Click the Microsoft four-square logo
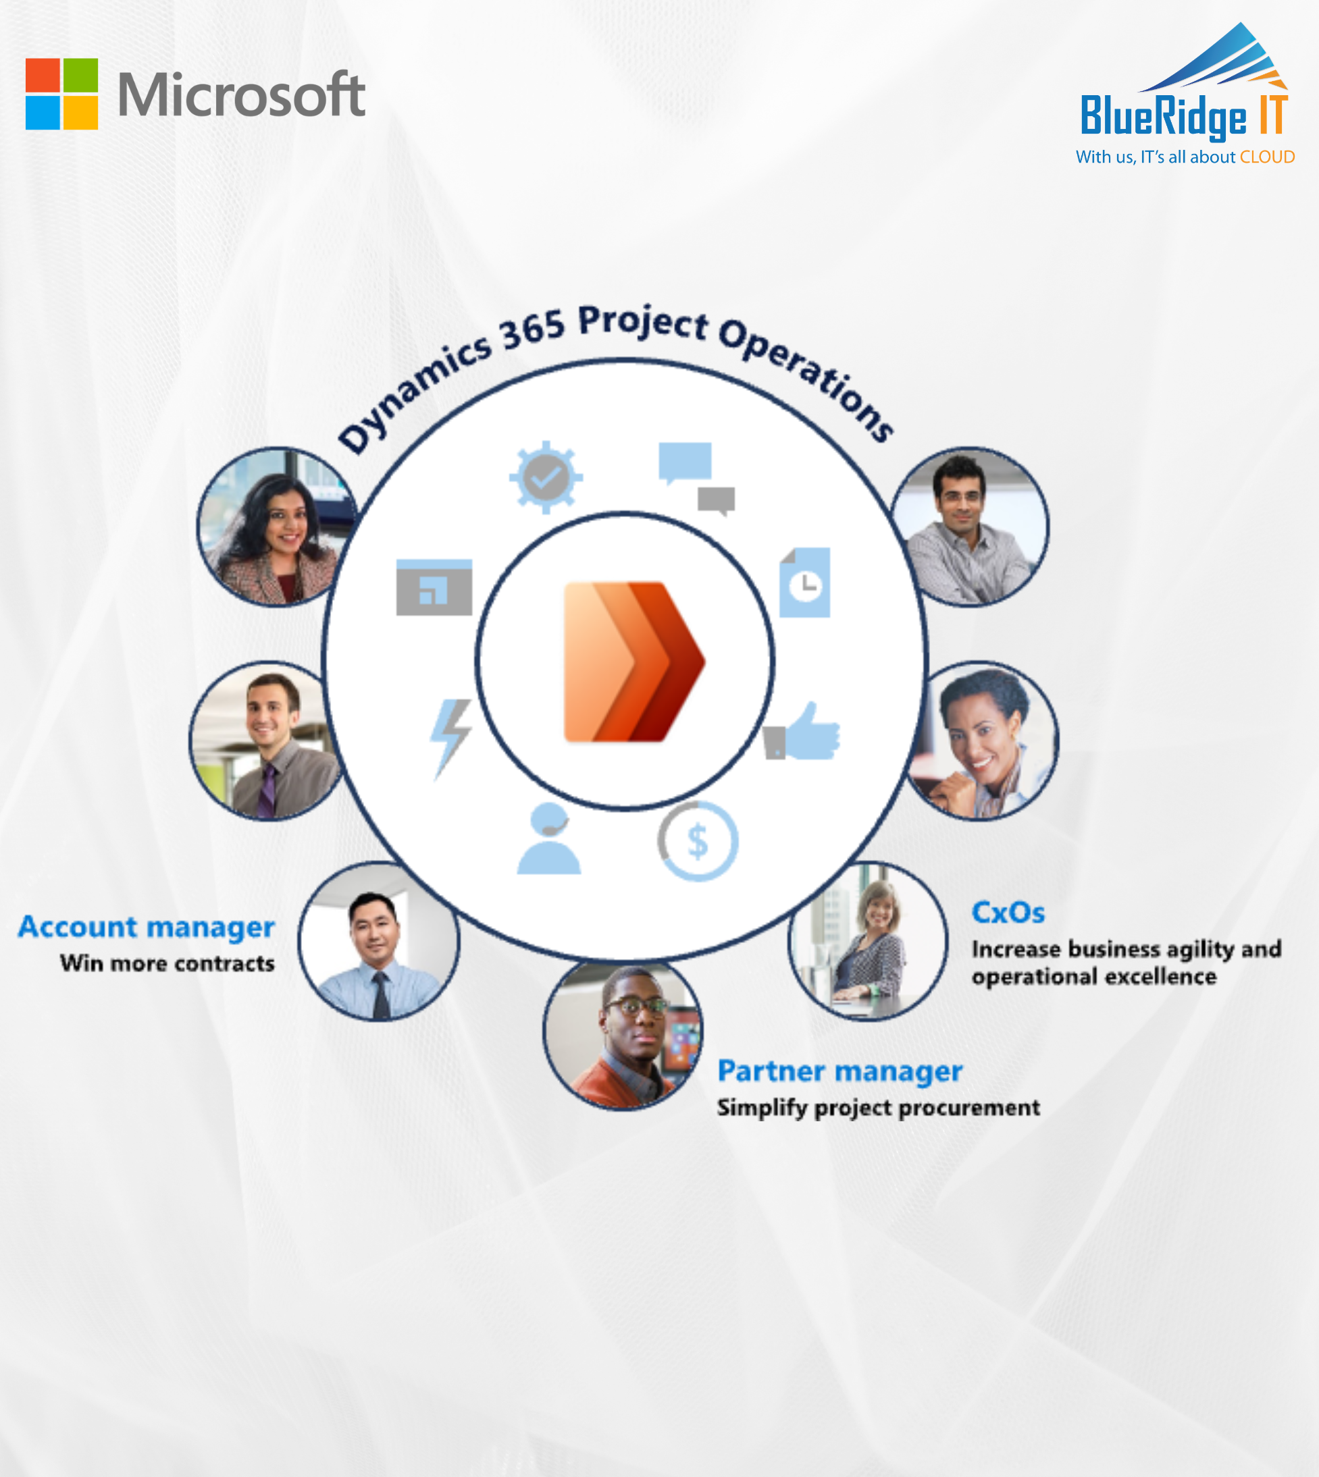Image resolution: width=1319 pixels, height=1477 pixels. [x=61, y=94]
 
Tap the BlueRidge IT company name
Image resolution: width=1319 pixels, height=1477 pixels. [x=1183, y=116]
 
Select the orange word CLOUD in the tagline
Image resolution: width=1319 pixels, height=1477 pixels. [x=1267, y=157]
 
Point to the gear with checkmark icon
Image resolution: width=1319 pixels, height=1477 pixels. [x=546, y=477]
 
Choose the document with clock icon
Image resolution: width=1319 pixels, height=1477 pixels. [x=805, y=583]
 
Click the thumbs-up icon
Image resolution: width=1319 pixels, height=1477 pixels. [x=802, y=731]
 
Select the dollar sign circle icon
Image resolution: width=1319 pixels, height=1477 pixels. [x=698, y=841]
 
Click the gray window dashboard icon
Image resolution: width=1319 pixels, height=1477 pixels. [x=434, y=587]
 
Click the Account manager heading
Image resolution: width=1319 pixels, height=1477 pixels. [x=147, y=928]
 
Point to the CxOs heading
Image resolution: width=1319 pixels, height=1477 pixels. [x=1008, y=913]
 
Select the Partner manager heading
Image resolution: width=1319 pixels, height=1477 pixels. [x=840, y=1071]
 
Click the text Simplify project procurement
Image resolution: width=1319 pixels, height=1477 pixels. [x=879, y=1108]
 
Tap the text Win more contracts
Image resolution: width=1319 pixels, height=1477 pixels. [x=167, y=963]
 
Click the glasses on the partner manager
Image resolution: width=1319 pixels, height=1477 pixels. [x=636, y=1006]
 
